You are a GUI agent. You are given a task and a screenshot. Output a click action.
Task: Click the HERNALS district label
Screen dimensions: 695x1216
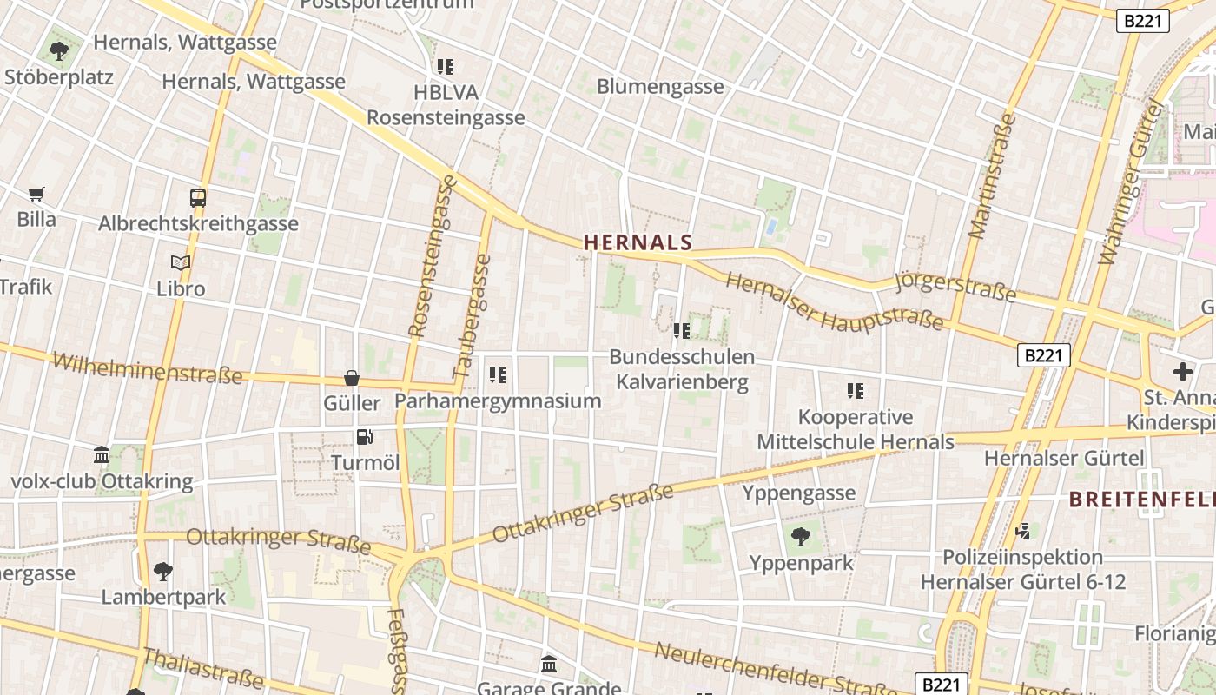[x=638, y=242]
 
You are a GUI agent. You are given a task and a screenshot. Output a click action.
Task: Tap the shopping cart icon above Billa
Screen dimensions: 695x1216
[x=36, y=195]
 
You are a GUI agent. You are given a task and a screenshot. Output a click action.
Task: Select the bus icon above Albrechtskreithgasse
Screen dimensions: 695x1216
[x=198, y=198]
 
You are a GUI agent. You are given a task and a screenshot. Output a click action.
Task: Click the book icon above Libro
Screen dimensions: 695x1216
[x=181, y=262]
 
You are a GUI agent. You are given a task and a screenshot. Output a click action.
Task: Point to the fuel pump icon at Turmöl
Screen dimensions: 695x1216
[x=365, y=437]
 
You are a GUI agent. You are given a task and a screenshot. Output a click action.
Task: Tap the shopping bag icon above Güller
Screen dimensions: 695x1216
[x=352, y=378]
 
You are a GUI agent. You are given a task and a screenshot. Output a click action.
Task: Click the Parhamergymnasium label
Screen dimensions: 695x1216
[x=498, y=400]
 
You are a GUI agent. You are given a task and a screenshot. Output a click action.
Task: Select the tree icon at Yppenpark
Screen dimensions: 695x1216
[x=801, y=537]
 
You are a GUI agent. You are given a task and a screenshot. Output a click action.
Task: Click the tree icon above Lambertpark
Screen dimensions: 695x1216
[x=162, y=572]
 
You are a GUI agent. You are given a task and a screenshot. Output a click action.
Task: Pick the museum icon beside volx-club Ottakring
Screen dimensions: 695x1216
[x=102, y=454]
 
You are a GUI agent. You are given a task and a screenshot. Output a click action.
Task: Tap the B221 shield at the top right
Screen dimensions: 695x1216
[x=1142, y=21]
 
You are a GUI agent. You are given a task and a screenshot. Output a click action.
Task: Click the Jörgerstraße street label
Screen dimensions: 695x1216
[x=955, y=287]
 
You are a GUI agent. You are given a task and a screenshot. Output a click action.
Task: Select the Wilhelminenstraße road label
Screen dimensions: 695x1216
[x=148, y=368]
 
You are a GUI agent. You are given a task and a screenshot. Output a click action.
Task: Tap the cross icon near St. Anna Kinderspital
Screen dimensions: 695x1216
[x=1183, y=372]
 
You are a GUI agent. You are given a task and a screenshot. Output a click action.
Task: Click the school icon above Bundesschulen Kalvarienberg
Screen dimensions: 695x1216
[x=682, y=330]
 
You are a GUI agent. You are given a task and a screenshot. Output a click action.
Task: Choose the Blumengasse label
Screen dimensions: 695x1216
[x=660, y=86]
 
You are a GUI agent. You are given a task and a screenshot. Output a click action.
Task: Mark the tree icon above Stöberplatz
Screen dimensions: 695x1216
[x=59, y=51]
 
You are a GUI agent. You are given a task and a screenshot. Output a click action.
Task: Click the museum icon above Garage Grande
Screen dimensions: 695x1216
[x=549, y=665]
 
